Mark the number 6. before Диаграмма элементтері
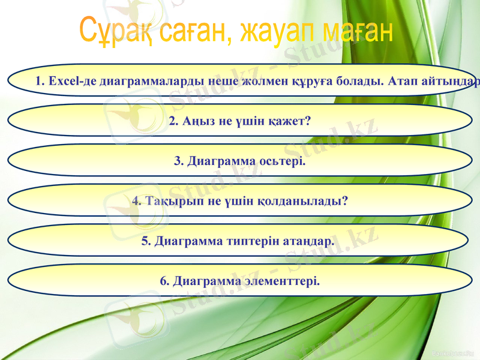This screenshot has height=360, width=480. pos(165,281)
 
